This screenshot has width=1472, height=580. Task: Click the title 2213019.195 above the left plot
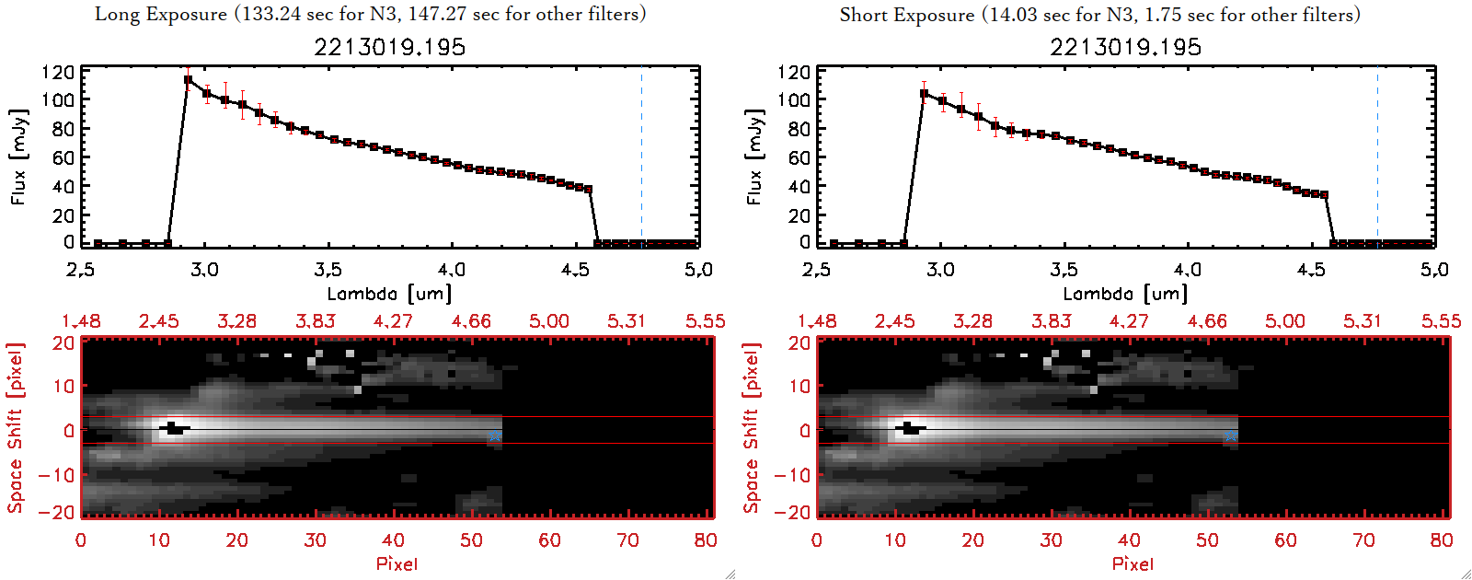pos(389,47)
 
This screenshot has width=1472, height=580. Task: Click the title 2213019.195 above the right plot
pos(1125,47)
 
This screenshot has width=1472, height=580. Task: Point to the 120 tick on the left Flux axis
pos(58,72)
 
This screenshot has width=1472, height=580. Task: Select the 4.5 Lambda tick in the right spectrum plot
pos(1311,270)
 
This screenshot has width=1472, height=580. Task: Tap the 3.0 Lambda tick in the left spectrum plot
pos(204,270)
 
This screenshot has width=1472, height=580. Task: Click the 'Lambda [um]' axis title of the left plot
pos(389,294)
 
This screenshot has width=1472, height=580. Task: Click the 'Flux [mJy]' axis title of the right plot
pos(754,157)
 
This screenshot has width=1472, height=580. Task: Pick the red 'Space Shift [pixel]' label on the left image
pos(15,428)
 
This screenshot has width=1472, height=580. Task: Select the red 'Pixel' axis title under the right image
pos(1133,563)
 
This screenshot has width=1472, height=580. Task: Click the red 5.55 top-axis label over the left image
pos(705,321)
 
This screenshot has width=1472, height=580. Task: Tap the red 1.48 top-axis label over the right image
pos(817,321)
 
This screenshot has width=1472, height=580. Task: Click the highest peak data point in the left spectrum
pos(188,80)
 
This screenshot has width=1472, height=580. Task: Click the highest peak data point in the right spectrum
pos(924,94)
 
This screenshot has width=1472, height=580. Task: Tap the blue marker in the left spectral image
pos(495,435)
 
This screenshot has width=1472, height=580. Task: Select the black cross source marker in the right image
pos(910,428)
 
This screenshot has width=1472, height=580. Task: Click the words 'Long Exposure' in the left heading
pos(161,14)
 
